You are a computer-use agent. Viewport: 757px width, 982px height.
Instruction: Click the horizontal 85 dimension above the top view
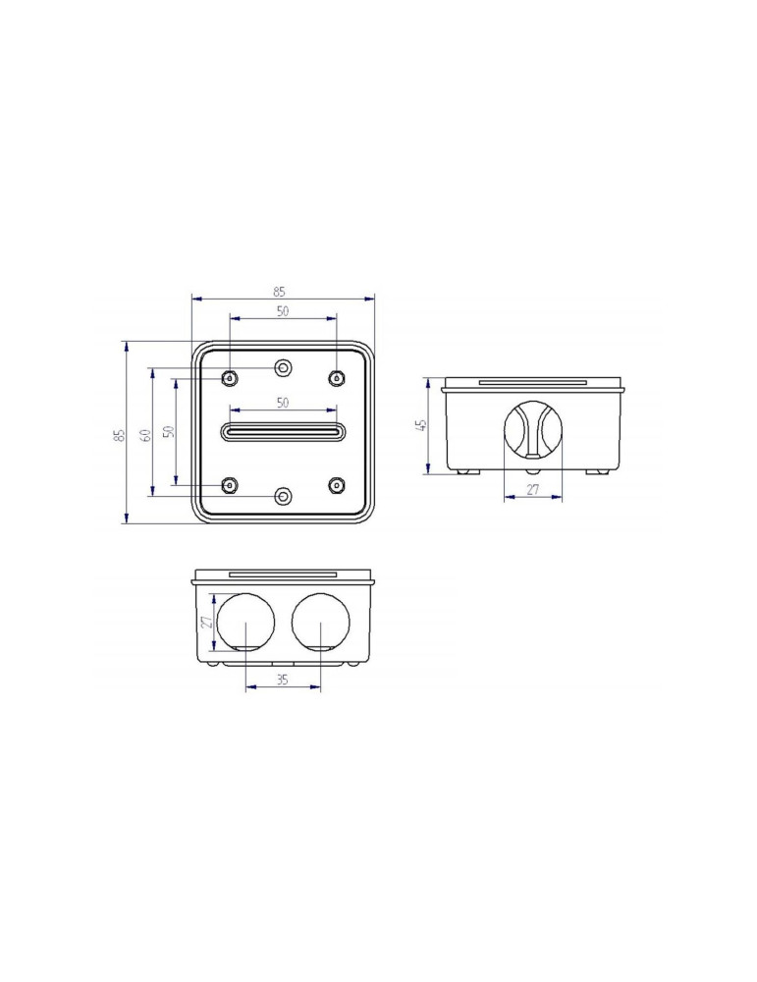tap(279, 292)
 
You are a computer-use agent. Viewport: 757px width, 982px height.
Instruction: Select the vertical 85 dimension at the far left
tap(120, 435)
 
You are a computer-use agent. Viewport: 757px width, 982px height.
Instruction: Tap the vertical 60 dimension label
tap(145, 435)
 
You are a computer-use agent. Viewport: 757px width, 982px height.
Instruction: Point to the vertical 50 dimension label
tap(168, 431)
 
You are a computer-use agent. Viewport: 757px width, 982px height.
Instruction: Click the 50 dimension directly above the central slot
tap(283, 403)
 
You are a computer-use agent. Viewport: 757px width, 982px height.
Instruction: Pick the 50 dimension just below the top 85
tap(283, 310)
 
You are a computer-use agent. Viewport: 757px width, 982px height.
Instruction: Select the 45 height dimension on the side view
tap(421, 425)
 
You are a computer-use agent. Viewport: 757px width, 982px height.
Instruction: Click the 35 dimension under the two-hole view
tap(283, 680)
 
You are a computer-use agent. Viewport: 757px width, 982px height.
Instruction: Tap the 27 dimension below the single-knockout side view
tap(532, 490)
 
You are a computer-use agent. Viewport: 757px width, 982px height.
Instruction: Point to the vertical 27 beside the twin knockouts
tap(207, 622)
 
